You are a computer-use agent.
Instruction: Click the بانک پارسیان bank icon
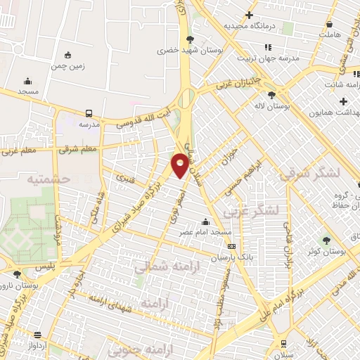click(231, 245)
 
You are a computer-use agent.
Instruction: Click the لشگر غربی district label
click(251, 210)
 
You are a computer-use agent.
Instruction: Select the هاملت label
click(328, 33)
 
